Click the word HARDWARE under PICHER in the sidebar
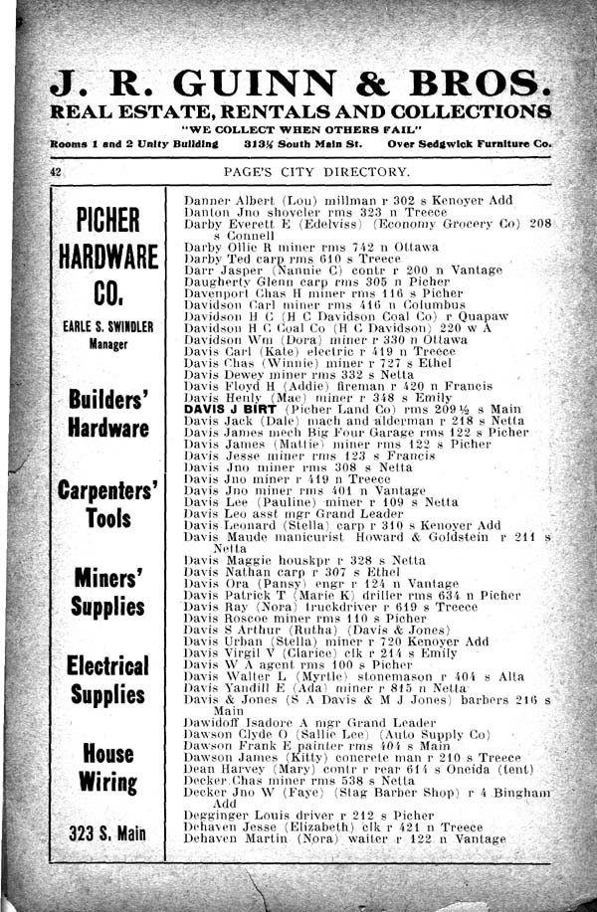[x=108, y=257]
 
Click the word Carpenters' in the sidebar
[x=108, y=491]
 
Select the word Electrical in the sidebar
[x=108, y=664]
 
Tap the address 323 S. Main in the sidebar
[x=108, y=833]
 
